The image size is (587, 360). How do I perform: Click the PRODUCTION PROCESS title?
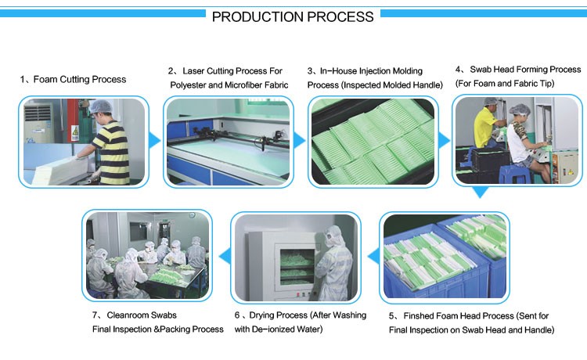293,17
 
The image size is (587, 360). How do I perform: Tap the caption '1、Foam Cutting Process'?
73,79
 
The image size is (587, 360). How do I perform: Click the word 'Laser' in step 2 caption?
193,71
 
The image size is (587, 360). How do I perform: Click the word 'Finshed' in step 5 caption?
419,316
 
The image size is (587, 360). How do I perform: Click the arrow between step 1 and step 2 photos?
155,141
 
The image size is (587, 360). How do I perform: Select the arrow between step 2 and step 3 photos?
299,141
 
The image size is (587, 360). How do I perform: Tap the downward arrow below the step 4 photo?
480,192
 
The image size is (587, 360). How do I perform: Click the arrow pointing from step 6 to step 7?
225,257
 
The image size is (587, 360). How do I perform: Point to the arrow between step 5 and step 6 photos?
373,257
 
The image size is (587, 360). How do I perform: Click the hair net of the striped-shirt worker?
101,106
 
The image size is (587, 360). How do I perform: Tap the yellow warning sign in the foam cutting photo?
75,131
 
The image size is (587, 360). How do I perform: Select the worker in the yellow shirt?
487,125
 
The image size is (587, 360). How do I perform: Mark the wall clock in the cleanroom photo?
192,215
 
